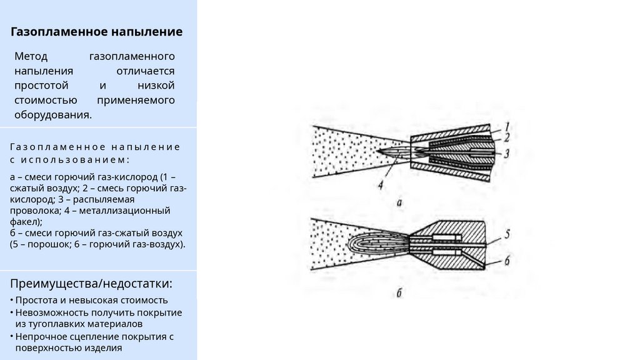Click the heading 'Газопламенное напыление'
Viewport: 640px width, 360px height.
[97, 31]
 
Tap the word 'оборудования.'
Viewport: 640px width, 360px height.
[53, 115]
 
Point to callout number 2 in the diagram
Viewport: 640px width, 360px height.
[508, 137]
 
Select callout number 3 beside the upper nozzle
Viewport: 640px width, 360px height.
[508, 152]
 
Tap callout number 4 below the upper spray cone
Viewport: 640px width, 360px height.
[381, 184]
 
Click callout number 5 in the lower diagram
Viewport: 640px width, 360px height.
[508, 234]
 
